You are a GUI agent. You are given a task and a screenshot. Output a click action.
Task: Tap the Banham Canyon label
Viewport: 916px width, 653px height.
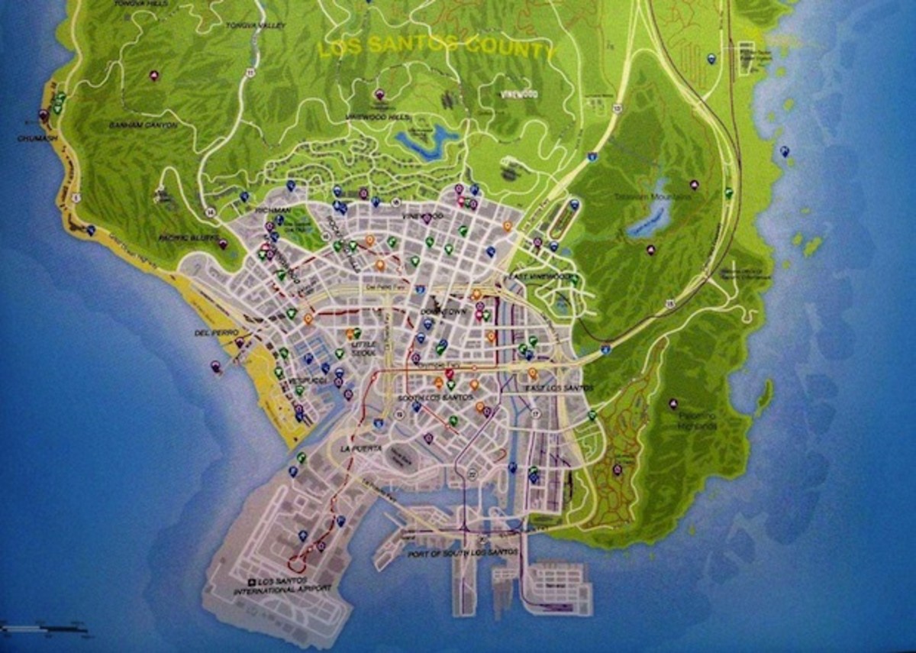tap(143, 124)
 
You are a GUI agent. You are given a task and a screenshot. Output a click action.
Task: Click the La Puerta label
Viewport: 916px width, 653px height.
tap(361, 448)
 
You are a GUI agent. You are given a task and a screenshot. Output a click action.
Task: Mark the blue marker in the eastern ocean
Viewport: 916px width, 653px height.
tap(784, 151)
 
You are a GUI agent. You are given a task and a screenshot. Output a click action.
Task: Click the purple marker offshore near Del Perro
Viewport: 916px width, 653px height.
tap(216, 367)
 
